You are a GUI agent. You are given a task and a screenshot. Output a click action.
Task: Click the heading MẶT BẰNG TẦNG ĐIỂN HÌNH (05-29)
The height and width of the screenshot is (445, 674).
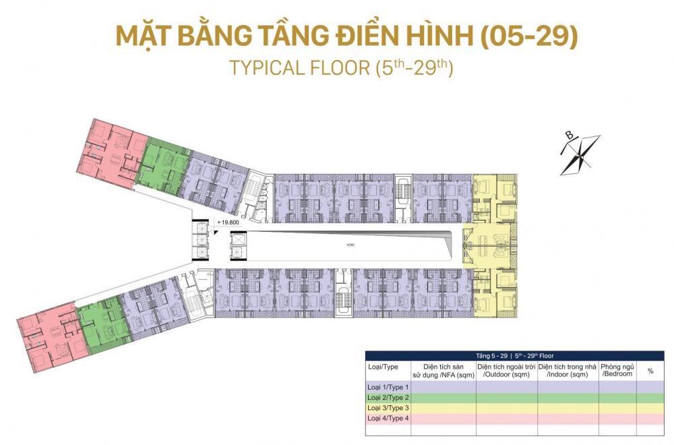click(x=346, y=36)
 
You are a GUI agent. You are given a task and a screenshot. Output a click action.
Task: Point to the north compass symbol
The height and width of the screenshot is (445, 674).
click(x=578, y=154)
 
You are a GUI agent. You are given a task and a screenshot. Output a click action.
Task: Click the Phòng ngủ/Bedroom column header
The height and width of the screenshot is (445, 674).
click(x=617, y=370)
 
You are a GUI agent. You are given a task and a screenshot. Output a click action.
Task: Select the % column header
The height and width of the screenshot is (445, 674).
click(x=650, y=371)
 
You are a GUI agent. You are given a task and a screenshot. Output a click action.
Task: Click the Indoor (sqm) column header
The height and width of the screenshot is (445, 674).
click(x=567, y=370)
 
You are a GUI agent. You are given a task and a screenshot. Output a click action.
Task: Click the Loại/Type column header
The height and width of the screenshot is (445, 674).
click(x=383, y=367)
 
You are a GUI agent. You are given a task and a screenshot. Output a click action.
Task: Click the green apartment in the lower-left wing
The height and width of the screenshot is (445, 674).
click(x=101, y=324)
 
